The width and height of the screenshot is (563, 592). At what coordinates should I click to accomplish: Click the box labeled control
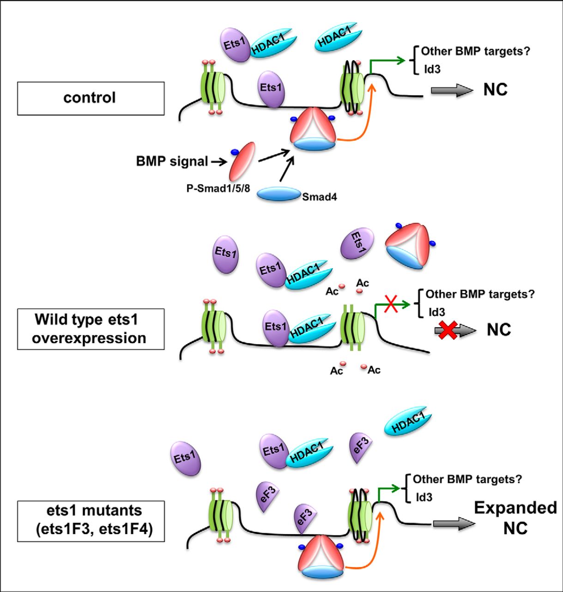coord(91,98)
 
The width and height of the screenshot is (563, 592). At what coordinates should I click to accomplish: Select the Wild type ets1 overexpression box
coord(91,329)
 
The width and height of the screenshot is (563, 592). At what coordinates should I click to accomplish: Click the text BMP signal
coord(172,161)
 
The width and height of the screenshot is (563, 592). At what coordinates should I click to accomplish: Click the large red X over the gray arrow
coord(448,330)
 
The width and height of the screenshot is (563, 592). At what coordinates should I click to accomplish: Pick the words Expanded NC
coord(515,518)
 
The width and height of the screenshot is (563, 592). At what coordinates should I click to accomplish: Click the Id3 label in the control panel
coord(432,69)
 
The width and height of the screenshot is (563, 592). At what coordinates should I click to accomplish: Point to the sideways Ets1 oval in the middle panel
coord(357,243)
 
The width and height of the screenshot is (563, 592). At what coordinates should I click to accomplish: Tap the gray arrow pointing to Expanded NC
coord(454,524)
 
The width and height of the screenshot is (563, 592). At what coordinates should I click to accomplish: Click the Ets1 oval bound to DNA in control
coord(271,88)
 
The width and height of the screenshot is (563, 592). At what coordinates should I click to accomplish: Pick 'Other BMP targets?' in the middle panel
coord(480,294)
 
